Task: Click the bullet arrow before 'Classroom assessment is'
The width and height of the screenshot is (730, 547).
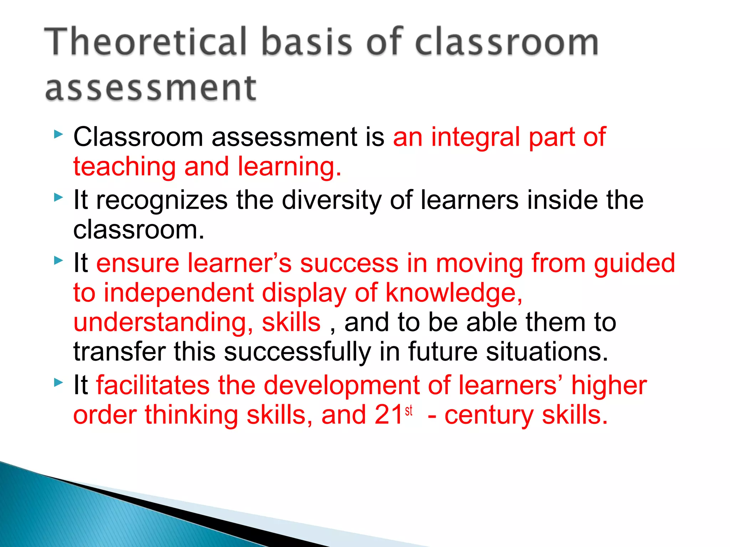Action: (x=58, y=134)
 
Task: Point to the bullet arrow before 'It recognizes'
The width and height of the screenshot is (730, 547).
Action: (x=58, y=197)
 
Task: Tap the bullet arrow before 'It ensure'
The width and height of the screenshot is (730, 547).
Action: (x=58, y=261)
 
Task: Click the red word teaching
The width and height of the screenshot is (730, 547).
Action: (x=124, y=167)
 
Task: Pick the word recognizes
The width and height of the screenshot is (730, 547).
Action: (x=162, y=200)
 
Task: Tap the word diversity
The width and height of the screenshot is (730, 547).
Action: (x=332, y=200)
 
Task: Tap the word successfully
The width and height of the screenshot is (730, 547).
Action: (x=297, y=352)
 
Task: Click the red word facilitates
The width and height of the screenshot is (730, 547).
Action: (x=153, y=386)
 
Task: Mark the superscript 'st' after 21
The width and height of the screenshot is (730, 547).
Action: (x=409, y=410)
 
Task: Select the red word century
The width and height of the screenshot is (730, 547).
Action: (x=489, y=416)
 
